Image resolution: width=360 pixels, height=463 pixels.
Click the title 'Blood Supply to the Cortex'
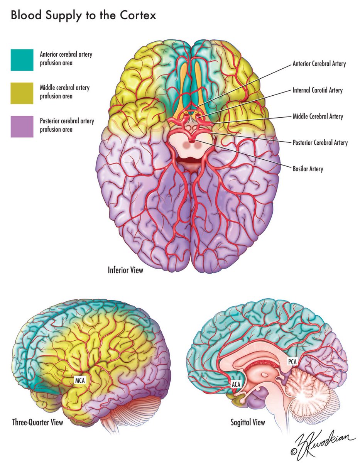pyautogui.click(x=83, y=17)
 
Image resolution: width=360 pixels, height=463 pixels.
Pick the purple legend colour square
pyautogui.click(x=22, y=126)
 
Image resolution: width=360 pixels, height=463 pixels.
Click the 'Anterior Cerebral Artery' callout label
pyautogui.click(x=319, y=64)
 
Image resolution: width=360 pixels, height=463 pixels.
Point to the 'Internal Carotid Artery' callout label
pyautogui.click(x=318, y=91)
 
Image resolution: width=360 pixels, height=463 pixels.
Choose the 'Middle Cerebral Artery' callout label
pyautogui.click(x=318, y=117)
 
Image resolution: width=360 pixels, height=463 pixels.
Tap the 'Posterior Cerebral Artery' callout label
pyautogui.click(x=320, y=143)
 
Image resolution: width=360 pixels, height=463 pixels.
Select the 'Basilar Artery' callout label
pyautogui.click(x=308, y=169)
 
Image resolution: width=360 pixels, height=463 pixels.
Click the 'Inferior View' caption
pyautogui.click(x=125, y=270)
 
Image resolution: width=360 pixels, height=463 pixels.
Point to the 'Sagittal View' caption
pyautogui.click(x=248, y=422)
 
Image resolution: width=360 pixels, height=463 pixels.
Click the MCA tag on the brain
pyautogui.click(x=80, y=380)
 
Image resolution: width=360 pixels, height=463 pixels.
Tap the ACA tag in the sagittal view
pyautogui.click(x=236, y=384)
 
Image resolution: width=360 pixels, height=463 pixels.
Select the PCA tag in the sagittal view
pyautogui.click(x=292, y=362)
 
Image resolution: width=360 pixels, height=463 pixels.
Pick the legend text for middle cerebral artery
pyautogui.click(x=65, y=92)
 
